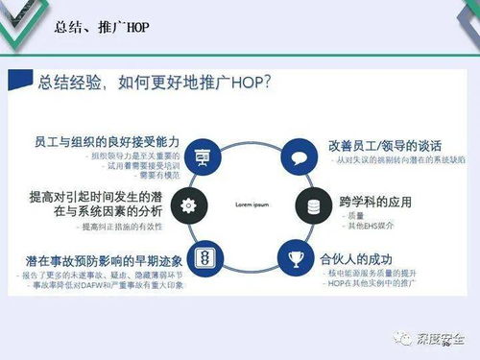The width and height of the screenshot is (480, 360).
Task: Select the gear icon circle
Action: [187, 204]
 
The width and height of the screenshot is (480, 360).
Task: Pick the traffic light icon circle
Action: [203, 256]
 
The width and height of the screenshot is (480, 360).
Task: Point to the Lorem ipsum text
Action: [250, 205]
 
